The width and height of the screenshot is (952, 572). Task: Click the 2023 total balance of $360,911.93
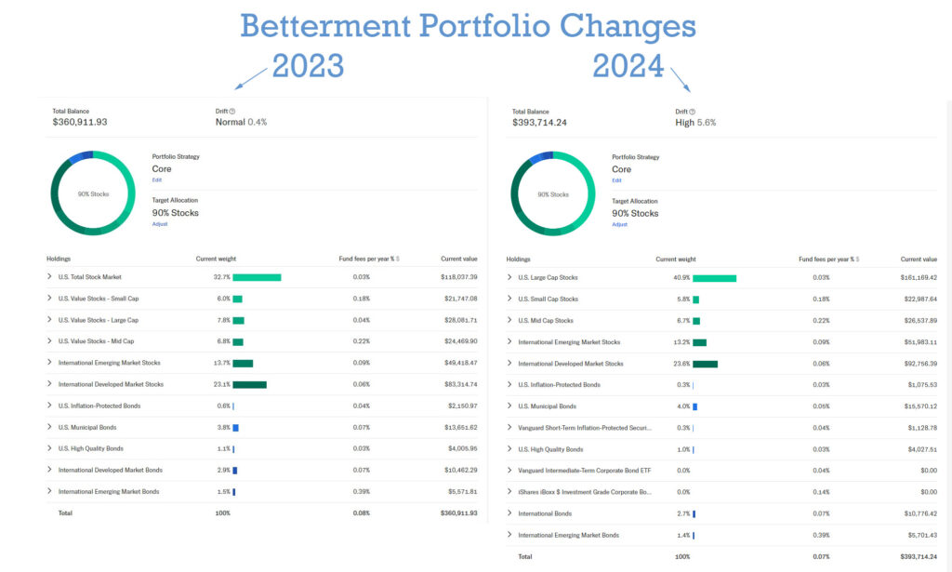[x=80, y=122]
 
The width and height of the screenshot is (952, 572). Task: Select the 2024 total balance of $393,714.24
[x=539, y=123]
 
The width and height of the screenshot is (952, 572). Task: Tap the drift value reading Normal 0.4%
[x=241, y=122]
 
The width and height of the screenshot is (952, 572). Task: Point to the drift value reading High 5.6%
[x=695, y=123]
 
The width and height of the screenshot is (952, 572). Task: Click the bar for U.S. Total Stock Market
[x=257, y=277]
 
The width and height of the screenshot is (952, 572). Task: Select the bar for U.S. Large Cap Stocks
[x=714, y=278]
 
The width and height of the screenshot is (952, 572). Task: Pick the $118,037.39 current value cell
[x=458, y=277]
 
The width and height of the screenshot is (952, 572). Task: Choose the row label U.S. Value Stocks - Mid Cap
[x=96, y=341]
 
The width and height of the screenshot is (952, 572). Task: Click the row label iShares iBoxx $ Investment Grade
[x=585, y=492]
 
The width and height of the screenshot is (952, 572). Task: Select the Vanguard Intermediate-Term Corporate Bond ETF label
[x=585, y=471]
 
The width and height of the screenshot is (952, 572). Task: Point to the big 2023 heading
[x=307, y=66]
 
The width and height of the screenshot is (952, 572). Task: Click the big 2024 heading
[x=628, y=66]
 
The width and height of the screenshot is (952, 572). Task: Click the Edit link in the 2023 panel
[x=157, y=180]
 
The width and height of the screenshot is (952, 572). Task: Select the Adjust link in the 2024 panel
[x=619, y=224]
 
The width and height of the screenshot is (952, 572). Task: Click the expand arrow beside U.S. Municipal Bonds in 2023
[x=49, y=427]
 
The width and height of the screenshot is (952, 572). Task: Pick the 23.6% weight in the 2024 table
[x=681, y=364]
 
